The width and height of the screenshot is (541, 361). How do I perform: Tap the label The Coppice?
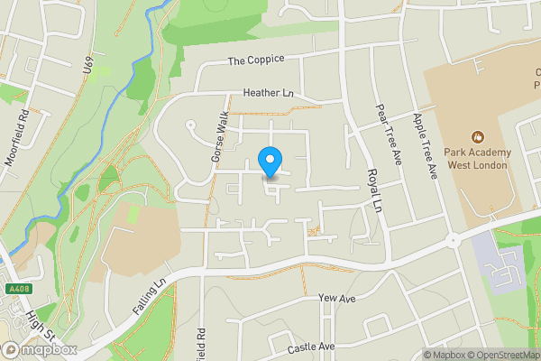click(x=255, y=60)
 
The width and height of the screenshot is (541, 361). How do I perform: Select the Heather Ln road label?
click(x=270, y=93)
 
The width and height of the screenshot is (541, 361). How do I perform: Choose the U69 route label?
click(x=88, y=68)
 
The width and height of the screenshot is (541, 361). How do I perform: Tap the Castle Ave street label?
click(x=311, y=347)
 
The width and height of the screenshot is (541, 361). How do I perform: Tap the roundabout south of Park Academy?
click(x=452, y=240)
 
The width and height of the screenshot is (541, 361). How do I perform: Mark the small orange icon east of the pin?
click(x=314, y=232)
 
